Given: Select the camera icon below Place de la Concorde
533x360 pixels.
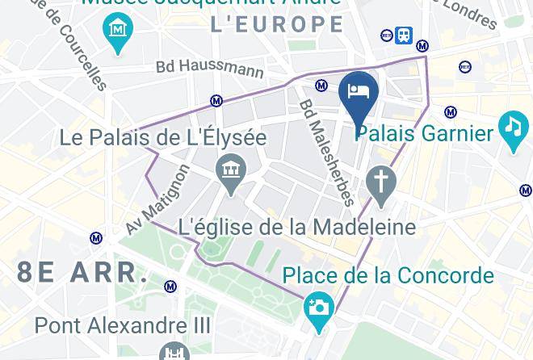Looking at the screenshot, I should pyautogui.click(x=319, y=308).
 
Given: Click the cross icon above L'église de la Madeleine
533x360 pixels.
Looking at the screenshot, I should pyautogui.click(x=380, y=181).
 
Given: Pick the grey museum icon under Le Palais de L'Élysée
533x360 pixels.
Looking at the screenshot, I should pyautogui.click(x=231, y=170).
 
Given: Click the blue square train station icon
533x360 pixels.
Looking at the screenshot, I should pyautogui.click(x=404, y=35).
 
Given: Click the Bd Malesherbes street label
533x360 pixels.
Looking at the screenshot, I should pyautogui.click(x=327, y=152).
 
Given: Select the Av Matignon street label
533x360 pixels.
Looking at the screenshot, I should pyautogui.click(x=158, y=199).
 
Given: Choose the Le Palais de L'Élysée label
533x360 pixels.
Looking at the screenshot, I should pyautogui.click(x=162, y=138).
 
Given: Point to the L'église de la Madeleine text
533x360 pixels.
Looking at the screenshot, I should pyautogui.click(x=296, y=227).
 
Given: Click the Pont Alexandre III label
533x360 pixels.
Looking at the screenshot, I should pyautogui.click(x=123, y=326).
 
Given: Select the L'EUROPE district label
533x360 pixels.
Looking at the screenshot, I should pyautogui.click(x=277, y=24).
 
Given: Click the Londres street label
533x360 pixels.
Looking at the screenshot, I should pyautogui.click(x=468, y=12).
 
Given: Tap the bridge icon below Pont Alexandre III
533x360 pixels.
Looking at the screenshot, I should pyautogui.click(x=174, y=353).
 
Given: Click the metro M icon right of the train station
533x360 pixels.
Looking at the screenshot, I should pyautogui.click(x=422, y=47).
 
